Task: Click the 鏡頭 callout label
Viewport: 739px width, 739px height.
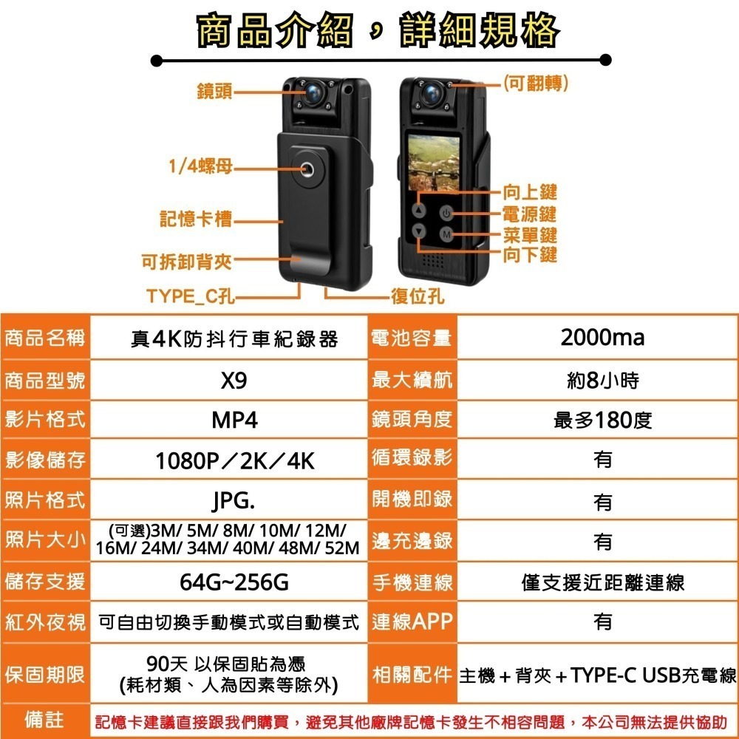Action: (214, 92)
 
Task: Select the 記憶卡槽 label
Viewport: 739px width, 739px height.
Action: (196, 219)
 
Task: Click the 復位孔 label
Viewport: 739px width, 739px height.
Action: (418, 297)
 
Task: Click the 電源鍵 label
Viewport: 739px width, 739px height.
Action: (529, 214)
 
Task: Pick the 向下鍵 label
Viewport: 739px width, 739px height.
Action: (529, 256)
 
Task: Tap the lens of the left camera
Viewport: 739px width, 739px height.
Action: (313, 93)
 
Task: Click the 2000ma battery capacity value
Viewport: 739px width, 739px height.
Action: (602, 338)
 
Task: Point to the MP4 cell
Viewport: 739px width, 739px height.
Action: (234, 421)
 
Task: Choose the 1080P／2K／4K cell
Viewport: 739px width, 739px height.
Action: (234, 461)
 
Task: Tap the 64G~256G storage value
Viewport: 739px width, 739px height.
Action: (234, 582)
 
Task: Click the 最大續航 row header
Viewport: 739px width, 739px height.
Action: (412, 381)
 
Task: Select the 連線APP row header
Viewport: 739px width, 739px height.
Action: (412, 621)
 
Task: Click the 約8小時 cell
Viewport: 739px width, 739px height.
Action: (602, 381)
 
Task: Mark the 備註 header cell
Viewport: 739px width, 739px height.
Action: (44, 719)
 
